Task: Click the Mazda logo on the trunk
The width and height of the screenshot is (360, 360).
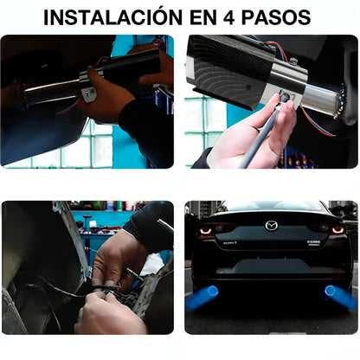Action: pos(272,225)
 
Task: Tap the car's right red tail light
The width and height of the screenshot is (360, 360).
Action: pos(336,230)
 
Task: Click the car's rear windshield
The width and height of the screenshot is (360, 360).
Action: pos(272,209)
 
